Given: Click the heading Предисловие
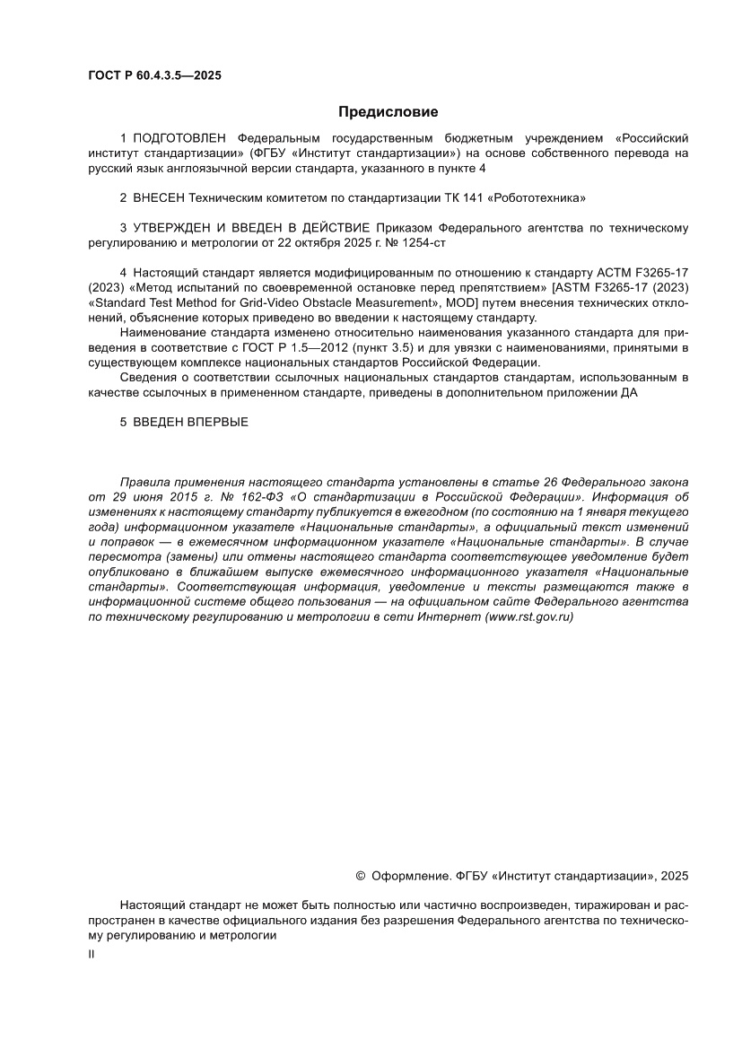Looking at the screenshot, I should point(388,112).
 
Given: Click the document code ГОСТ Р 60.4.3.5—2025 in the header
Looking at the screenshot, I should point(154,75).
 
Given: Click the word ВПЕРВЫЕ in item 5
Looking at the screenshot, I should point(217,422).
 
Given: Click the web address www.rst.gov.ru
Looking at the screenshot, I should point(528,616).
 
